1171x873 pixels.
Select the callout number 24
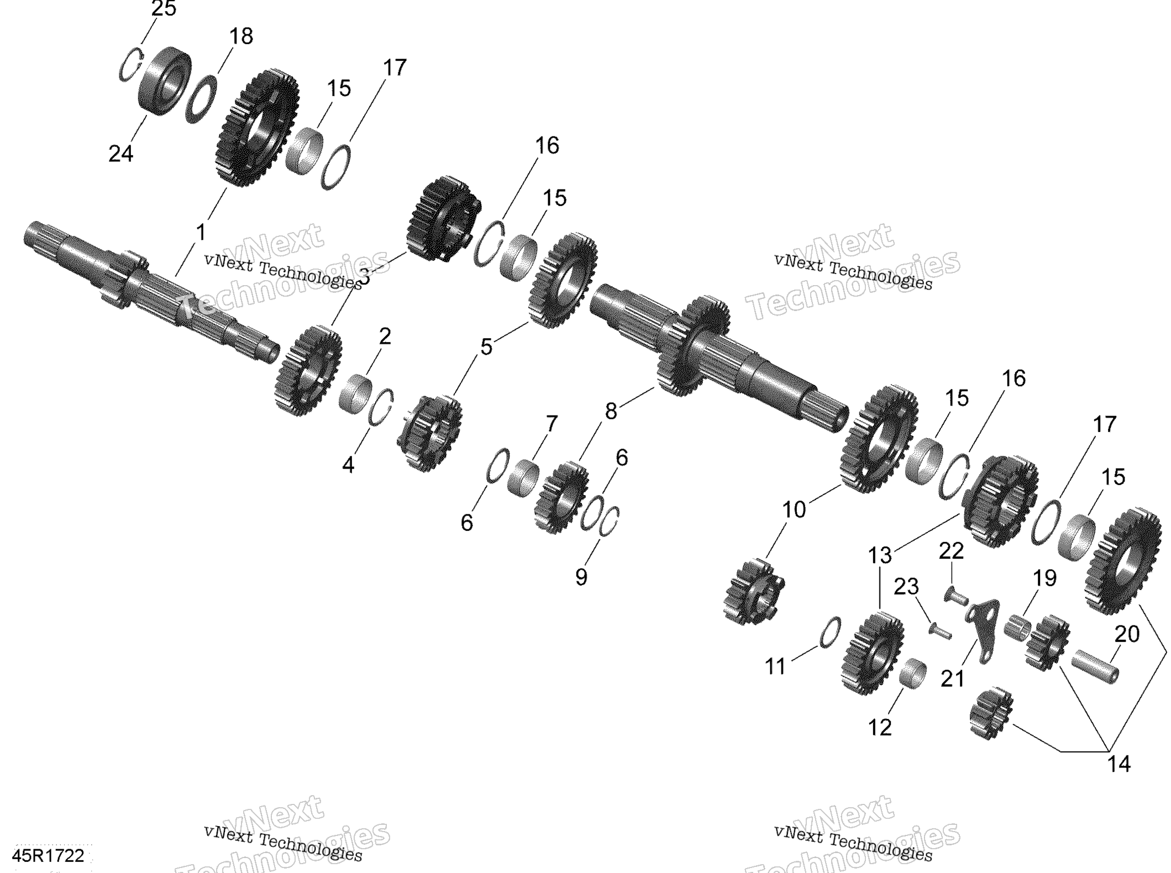120,154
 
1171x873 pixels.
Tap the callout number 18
241,36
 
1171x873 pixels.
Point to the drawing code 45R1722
49,856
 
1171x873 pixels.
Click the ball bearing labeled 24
165,81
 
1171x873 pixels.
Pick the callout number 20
1127,634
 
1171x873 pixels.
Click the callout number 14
1119,764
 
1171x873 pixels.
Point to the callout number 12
880,728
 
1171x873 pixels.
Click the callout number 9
581,577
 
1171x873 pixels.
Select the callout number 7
552,424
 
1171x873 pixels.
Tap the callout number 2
385,336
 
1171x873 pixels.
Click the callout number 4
348,465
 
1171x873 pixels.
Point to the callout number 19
1044,579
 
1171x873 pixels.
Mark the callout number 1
201,233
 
